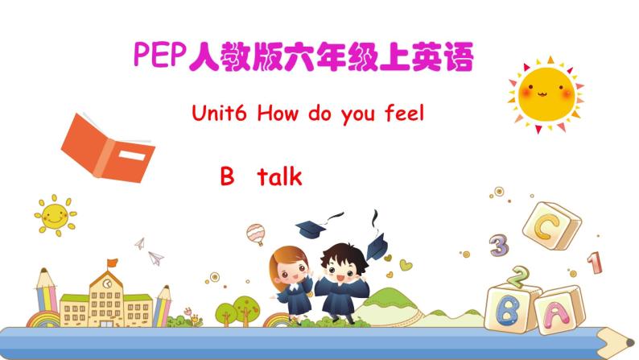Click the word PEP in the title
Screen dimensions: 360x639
click(158, 56)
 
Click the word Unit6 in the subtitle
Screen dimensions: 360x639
click(221, 114)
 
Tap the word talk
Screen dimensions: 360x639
click(279, 176)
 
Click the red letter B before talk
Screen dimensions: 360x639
click(226, 176)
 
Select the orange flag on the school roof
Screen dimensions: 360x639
click(113, 263)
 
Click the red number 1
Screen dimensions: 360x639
click(595, 263)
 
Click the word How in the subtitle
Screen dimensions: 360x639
click(278, 114)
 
